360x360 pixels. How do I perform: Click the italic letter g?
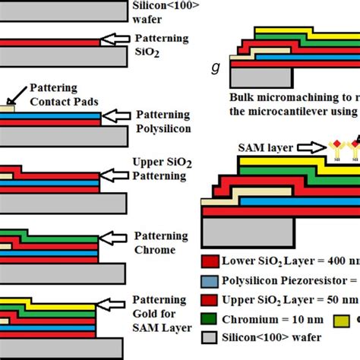tap(218, 68)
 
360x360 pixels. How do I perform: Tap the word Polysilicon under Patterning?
tap(161, 130)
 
